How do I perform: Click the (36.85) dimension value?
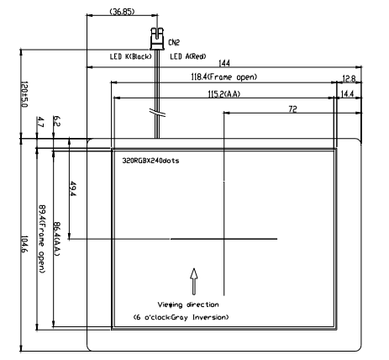[x=122, y=12]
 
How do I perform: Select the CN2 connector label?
[x=174, y=43]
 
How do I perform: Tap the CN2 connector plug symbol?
[x=157, y=39]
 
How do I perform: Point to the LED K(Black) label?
[x=131, y=56]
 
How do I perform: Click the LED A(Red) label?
[x=188, y=56]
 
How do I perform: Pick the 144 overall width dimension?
[x=224, y=63]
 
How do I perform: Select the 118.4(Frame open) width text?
[x=223, y=77]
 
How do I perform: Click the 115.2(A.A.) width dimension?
[x=224, y=94]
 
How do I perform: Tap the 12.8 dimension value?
[x=349, y=79]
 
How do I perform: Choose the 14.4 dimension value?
[x=347, y=94]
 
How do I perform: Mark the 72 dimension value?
[x=292, y=109]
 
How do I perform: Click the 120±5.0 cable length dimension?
[x=24, y=94]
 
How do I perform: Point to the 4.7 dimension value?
[x=40, y=122]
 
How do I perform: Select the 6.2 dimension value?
[x=57, y=121]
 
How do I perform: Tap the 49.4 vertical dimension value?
[x=73, y=189]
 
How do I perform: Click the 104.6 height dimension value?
[x=24, y=244]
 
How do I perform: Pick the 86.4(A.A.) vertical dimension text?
[x=57, y=239]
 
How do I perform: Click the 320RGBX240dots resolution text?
[x=150, y=161]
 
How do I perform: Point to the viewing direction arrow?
[x=194, y=282]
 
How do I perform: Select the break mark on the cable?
[x=158, y=112]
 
